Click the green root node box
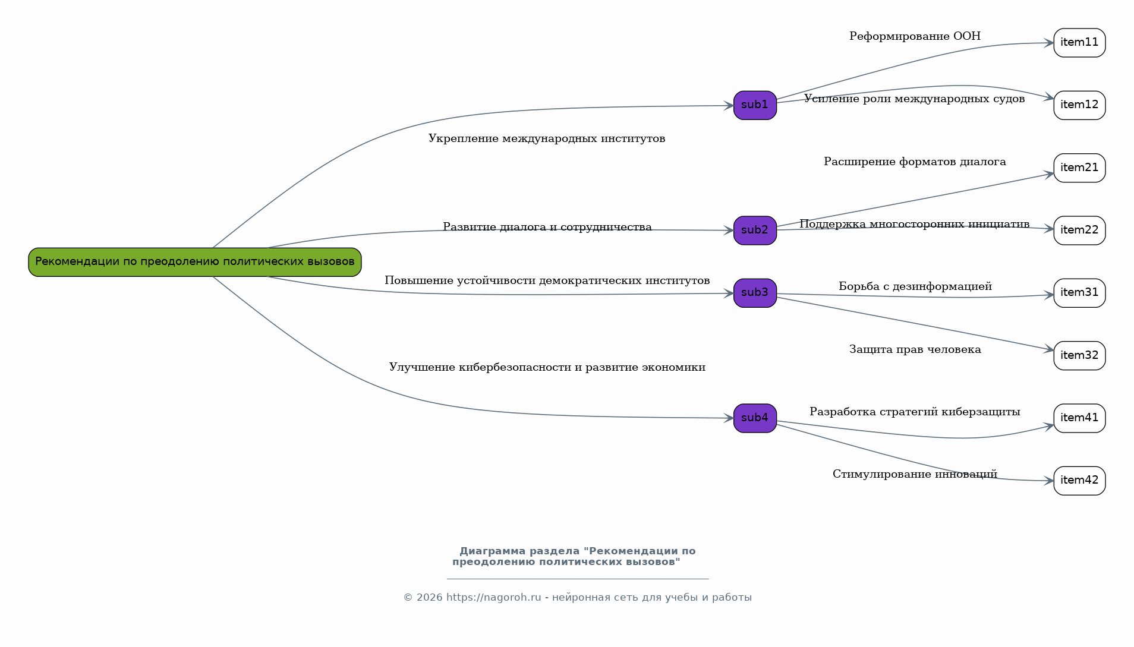[194, 262]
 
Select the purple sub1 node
[755, 105]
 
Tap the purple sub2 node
[755, 231]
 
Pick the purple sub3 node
[755, 293]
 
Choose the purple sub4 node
[755, 418]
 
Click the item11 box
[1079, 43]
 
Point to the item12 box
[1079, 105]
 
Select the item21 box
[1079, 168]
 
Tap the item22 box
[1079, 231]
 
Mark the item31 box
[1079, 293]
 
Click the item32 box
[1079, 356]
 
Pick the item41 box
[1079, 418]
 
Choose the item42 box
[1079, 481]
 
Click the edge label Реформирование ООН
[915, 37]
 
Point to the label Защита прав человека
[915, 350]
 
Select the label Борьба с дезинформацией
[915, 287]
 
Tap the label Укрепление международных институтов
[547, 139]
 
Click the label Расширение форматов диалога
[915, 162]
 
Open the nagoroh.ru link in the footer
[493, 598]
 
